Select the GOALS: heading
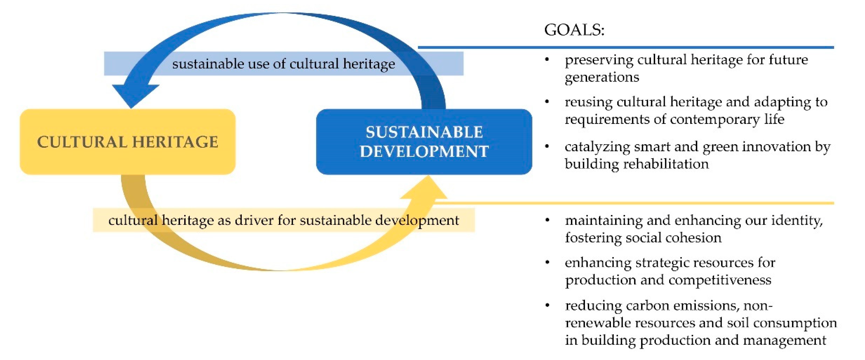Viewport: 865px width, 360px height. [574, 30]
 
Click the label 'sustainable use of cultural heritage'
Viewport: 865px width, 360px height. [284, 63]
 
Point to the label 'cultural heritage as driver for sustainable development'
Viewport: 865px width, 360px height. [284, 220]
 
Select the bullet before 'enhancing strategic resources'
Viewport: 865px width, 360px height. [547, 262]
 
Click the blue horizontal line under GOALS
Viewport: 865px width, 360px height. [626, 47]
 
